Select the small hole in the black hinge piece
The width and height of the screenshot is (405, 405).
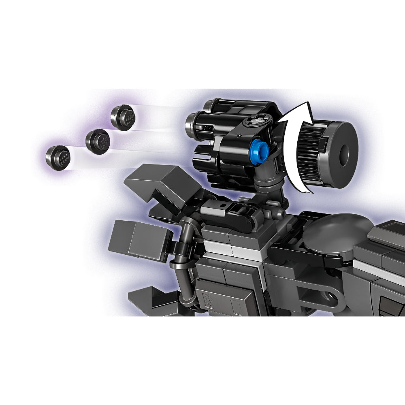(x=222, y=205)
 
